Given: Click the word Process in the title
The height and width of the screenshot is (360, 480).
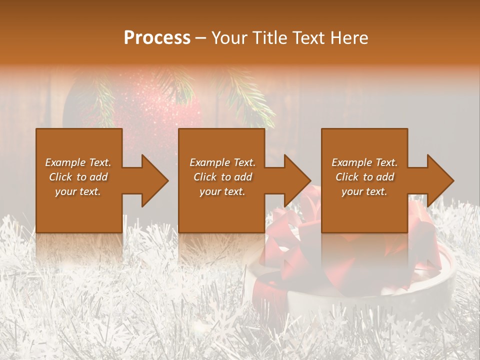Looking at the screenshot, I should coord(157,38).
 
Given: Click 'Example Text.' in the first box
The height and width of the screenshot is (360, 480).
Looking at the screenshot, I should coord(78,162).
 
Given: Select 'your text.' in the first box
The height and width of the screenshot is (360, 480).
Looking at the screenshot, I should coord(78,191).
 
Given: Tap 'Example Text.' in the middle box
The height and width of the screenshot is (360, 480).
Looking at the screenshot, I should coord(222,162).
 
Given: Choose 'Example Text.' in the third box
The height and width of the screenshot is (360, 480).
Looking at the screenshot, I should coord(364,162).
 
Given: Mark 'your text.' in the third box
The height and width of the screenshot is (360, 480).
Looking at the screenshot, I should coord(364,191).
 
